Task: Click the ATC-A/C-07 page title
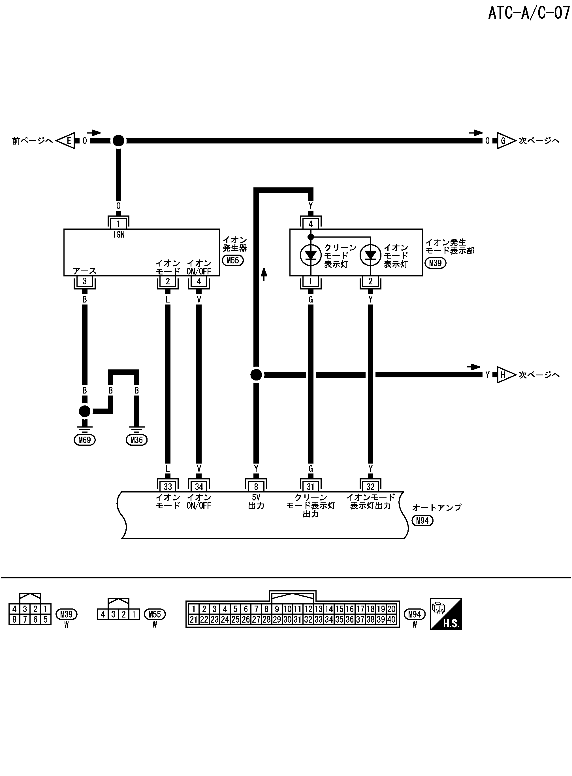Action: point(528,13)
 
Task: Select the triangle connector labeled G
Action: point(505,141)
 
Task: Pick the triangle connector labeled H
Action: point(505,375)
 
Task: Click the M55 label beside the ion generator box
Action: point(233,260)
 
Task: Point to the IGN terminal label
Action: point(119,235)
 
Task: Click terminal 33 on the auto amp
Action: point(168,487)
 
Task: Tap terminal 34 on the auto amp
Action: point(199,487)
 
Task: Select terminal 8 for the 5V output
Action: point(256,487)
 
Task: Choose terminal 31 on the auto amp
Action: point(311,487)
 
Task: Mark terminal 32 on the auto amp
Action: point(370,487)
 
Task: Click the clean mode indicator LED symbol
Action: point(311,255)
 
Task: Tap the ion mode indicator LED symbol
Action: point(370,255)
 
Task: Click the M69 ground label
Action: point(84,440)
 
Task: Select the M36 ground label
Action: point(136,440)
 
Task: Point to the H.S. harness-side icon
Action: point(446,614)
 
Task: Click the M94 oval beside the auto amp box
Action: point(422,521)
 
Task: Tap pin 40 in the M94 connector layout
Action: point(391,619)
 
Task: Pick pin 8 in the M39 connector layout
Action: point(14,619)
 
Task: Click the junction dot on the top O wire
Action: point(118,141)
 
